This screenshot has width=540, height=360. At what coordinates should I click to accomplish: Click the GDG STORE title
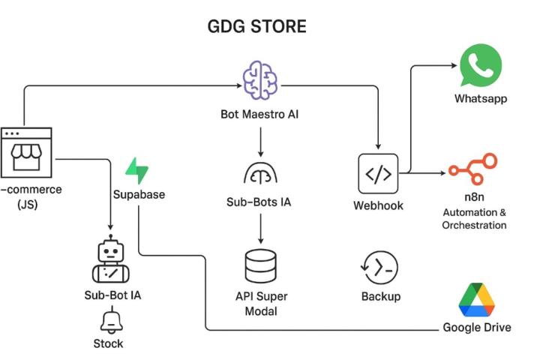pyautogui.click(x=256, y=27)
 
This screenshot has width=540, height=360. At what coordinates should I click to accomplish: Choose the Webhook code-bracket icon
pyautogui.click(x=378, y=174)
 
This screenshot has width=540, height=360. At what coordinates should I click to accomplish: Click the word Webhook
pyautogui.click(x=378, y=205)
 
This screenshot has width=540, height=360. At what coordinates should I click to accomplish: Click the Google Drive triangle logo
pyautogui.click(x=477, y=300)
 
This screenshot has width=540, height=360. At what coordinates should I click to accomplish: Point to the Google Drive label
pyautogui.click(x=477, y=327)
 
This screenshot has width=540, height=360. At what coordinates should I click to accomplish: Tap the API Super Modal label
pyautogui.click(x=261, y=303)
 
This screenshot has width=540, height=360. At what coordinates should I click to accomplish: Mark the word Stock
pyautogui.click(x=109, y=343)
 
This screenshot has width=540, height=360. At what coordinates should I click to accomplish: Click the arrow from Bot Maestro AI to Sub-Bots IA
pyautogui.click(x=259, y=141)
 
